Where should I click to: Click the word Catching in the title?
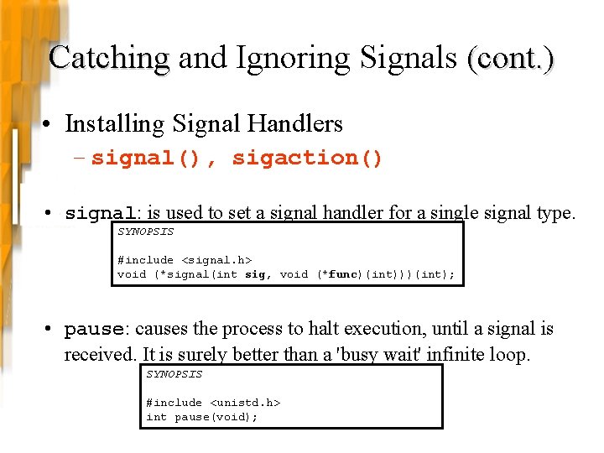click(x=109, y=59)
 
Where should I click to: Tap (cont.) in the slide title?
click(x=511, y=59)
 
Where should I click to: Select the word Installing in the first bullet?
click(x=113, y=124)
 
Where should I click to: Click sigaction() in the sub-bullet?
click(x=307, y=158)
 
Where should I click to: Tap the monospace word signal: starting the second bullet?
click(x=104, y=213)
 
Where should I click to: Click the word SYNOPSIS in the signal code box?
click(x=145, y=232)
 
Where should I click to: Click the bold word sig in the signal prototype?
click(x=254, y=274)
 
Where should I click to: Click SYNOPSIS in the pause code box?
click(x=174, y=374)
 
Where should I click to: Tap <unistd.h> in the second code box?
click(x=244, y=403)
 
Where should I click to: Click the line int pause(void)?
click(x=201, y=417)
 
